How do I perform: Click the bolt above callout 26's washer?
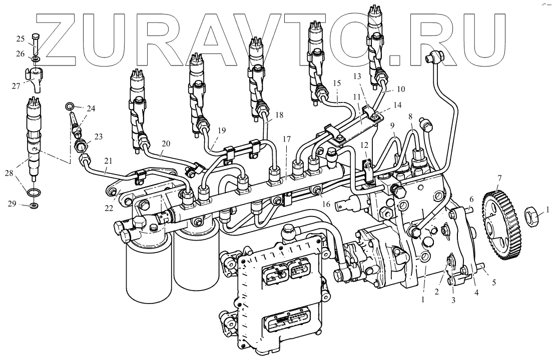coord(36,43)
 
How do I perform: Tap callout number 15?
coord(336,82)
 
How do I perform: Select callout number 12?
coord(364,144)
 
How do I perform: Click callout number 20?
coord(166,143)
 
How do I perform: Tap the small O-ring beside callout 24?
coord(70,106)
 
